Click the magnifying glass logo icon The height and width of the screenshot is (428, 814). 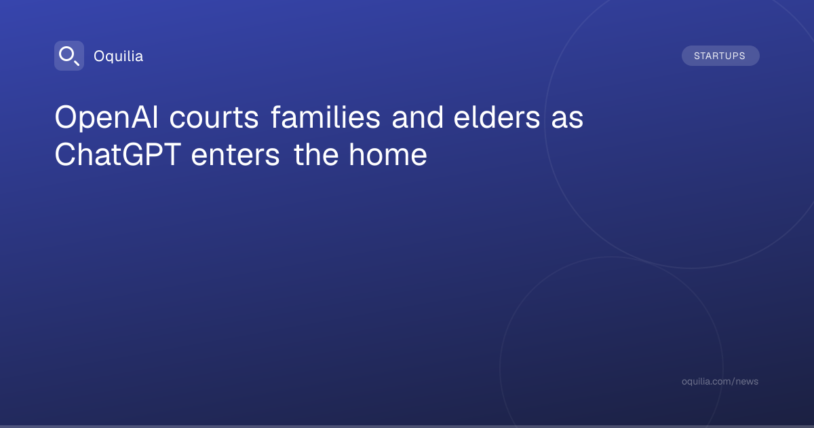(69, 56)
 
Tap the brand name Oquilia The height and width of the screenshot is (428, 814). (119, 56)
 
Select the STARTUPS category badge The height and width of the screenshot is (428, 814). (720, 56)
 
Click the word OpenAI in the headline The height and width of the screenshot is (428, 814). (106, 118)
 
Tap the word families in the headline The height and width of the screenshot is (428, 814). (326, 117)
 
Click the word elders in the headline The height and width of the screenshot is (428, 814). (497, 117)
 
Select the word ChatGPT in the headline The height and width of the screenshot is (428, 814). (117, 155)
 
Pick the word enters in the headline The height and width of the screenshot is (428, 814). (235, 156)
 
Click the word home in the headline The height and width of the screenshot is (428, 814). (388, 154)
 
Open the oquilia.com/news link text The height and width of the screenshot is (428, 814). (720, 381)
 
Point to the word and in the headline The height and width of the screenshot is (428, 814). (418, 117)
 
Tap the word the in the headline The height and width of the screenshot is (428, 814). (316, 154)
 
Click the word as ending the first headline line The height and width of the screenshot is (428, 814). (567, 120)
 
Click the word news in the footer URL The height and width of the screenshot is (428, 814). (747, 382)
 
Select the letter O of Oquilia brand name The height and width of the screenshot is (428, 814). (99, 56)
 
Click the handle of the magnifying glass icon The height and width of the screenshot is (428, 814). (76, 63)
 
